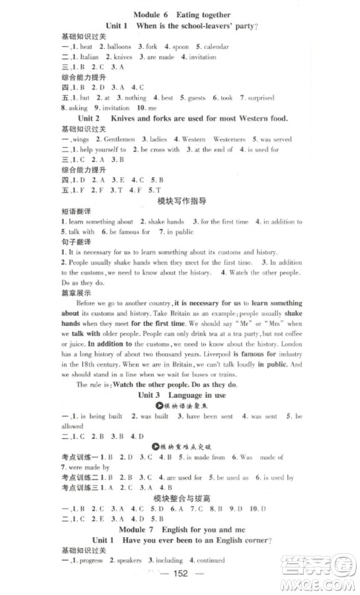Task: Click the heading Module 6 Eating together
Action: [x=180, y=14]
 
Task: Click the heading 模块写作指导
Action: [x=181, y=201]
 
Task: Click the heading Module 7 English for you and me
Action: [x=180, y=541]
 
